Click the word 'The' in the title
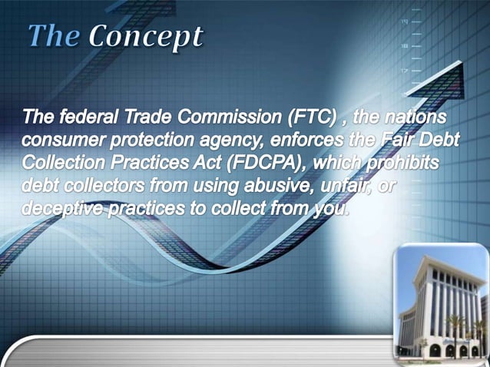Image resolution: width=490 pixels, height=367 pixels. (54, 36)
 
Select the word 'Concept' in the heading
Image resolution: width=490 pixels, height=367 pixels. (146, 36)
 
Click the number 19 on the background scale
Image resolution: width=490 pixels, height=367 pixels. (403, 22)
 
